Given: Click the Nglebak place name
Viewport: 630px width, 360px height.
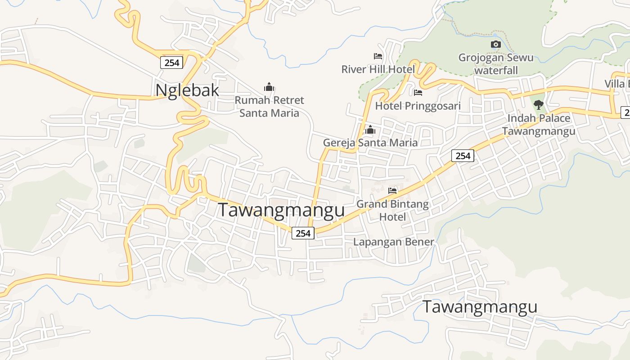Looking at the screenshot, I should click(187, 90).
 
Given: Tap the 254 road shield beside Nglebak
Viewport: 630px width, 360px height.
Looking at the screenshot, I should click(172, 63).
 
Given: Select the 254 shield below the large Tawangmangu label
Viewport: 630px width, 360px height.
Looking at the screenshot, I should click(303, 233).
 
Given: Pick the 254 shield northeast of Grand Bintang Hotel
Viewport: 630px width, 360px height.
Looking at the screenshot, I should click(463, 156).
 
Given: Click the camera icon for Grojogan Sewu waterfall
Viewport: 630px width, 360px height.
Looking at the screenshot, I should click(495, 44).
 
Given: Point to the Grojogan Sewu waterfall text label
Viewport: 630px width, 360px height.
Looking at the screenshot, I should click(496, 64).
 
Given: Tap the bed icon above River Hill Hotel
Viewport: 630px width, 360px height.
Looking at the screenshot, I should click(378, 56).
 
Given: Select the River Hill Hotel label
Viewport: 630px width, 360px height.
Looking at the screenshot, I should click(378, 69).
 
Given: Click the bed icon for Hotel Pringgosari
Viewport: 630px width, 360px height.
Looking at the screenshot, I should click(418, 93).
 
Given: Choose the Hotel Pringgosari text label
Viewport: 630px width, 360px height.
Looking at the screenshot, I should click(418, 106).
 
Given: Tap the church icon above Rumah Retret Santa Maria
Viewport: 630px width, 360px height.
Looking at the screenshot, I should click(269, 87).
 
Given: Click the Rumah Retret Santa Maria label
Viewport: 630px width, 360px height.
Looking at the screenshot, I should click(269, 106).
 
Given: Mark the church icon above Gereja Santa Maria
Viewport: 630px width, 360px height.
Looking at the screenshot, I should click(370, 130).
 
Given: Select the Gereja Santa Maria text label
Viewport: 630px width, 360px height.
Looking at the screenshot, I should click(370, 143).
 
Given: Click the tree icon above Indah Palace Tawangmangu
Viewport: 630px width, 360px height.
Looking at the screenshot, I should click(538, 105).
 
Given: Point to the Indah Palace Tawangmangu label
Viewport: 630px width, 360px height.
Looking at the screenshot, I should click(538, 125).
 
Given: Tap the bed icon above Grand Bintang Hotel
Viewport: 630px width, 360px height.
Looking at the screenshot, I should click(392, 191).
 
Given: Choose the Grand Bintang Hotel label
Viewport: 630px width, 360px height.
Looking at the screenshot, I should click(392, 210).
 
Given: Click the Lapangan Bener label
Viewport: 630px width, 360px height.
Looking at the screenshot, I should click(393, 242).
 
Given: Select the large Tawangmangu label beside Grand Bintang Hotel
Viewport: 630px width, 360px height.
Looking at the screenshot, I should click(281, 210).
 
